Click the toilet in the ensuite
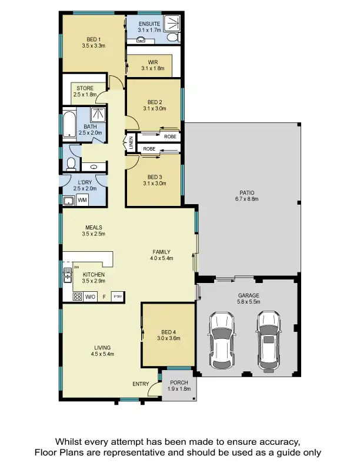click(173, 38)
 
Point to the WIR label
click(152, 61)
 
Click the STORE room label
click(85, 88)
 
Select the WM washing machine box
click(82, 201)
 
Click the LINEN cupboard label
click(131, 143)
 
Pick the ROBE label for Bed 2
click(170, 137)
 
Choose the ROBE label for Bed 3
click(149, 149)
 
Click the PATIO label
click(246, 192)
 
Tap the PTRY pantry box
click(117, 297)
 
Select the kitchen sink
click(67, 274)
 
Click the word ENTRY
click(141, 384)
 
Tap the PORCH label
click(179, 382)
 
